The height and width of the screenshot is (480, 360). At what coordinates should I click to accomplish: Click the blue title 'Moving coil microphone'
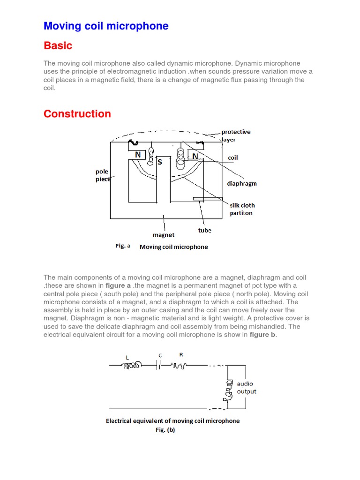pos(106,26)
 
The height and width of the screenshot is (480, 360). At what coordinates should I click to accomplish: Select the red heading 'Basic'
pos(58,45)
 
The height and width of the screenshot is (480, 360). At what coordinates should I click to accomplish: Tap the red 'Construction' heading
pos(77,114)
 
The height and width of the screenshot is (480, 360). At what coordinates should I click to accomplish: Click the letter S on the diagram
pos(159,162)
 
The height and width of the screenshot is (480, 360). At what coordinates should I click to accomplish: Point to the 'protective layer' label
pos(236,135)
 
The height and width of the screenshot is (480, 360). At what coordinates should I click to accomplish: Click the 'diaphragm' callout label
pos(242,184)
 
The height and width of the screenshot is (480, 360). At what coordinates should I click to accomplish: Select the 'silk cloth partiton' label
pos(242,209)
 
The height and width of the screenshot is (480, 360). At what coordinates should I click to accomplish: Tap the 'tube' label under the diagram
pos(205,230)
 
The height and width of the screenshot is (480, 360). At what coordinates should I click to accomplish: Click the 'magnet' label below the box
pos(164,235)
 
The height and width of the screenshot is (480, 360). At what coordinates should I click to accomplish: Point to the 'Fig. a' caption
pos(123,246)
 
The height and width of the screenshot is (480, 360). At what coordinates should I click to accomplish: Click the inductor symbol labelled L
pos(131,366)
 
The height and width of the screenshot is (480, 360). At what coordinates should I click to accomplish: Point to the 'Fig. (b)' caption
pos(165,430)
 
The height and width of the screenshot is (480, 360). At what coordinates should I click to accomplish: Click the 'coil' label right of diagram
pos(232,158)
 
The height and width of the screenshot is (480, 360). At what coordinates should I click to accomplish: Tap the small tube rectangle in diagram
pos(201,199)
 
